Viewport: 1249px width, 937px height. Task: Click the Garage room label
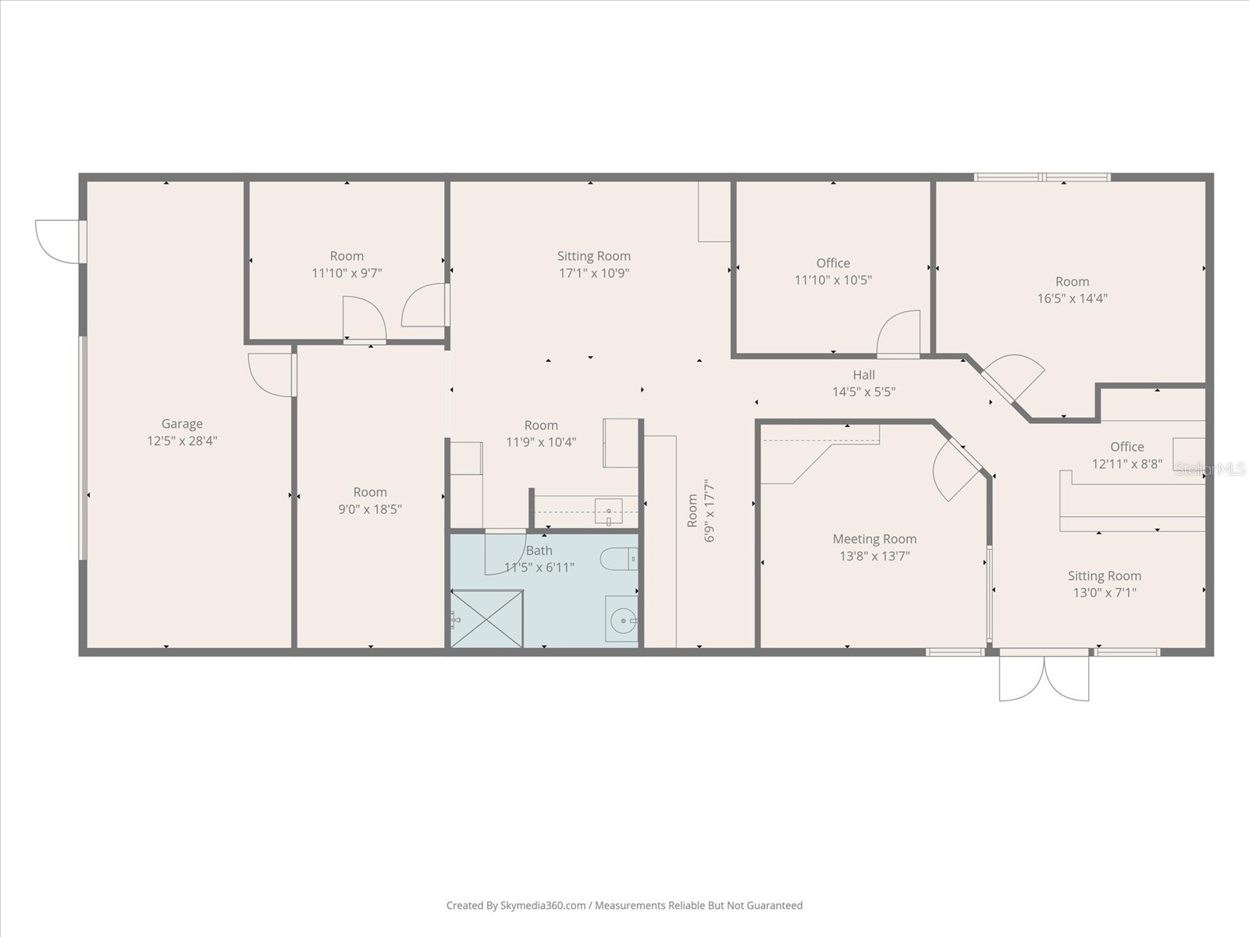[x=182, y=424]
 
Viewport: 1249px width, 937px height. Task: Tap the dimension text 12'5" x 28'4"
[x=182, y=441]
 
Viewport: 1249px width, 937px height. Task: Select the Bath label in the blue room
[x=539, y=550]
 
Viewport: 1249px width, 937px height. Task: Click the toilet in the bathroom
[x=618, y=558]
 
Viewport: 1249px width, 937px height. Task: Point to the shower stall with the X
[x=487, y=618]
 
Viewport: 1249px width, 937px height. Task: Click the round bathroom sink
[x=623, y=622]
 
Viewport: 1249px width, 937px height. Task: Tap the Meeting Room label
[x=874, y=539]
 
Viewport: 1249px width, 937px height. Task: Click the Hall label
[x=863, y=375]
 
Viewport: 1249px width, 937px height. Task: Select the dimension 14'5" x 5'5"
[x=863, y=392]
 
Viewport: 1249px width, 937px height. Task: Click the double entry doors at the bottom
[x=1044, y=676]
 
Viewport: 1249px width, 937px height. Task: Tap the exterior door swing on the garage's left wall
[x=59, y=240]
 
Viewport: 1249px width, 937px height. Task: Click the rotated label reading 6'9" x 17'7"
[x=710, y=511]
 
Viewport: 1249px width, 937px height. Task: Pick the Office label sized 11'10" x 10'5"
[x=833, y=263]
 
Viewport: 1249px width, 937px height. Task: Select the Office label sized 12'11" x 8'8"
[x=1126, y=447]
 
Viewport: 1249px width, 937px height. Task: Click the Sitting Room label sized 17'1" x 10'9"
[x=593, y=256]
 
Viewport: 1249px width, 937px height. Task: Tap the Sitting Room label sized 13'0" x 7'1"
[x=1104, y=576]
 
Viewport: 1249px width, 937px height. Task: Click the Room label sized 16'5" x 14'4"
[x=1072, y=282]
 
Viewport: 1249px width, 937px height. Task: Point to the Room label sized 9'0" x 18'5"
[x=369, y=493]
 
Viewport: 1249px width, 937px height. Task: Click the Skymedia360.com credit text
[x=517, y=906]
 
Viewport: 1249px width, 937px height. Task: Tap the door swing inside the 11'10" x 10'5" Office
[x=898, y=334]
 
